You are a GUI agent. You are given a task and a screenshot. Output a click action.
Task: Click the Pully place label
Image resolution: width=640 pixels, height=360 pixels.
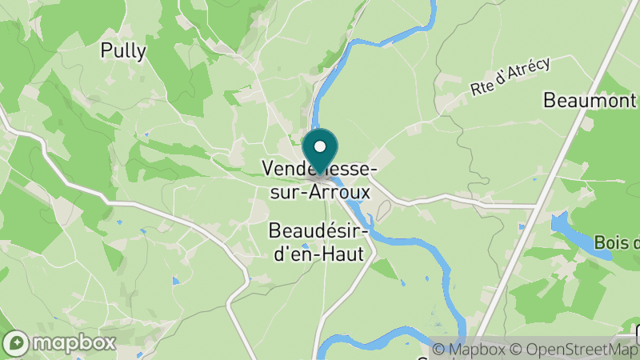pos(123,51)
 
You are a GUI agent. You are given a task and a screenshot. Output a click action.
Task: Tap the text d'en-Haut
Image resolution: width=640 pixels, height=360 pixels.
pos(318,254)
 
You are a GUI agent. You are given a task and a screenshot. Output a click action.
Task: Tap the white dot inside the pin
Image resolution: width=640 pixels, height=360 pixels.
pos(321,146)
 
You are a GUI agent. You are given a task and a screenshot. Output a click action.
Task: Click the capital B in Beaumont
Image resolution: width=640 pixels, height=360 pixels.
pos(550,101)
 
